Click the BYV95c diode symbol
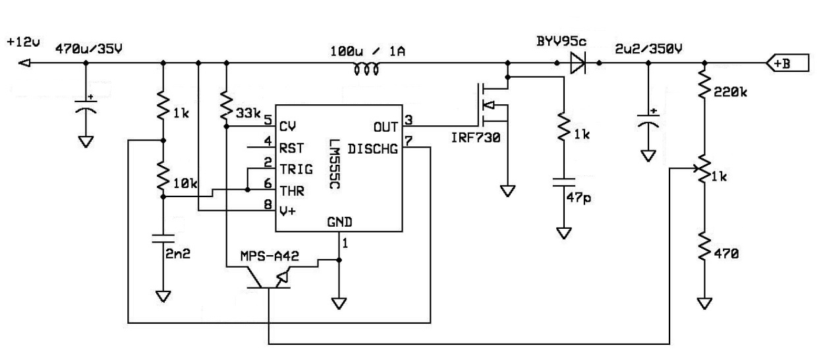578,64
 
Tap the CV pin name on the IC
287,123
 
